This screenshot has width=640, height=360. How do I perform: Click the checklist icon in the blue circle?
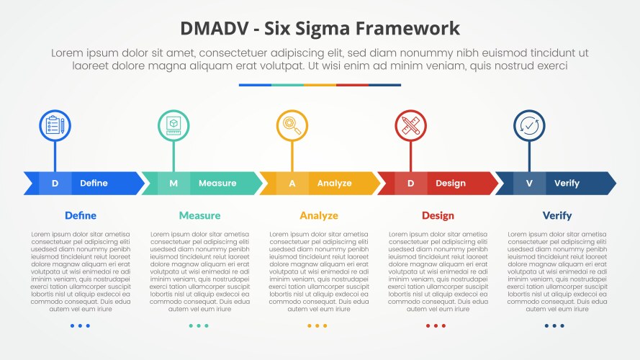pos(55,125)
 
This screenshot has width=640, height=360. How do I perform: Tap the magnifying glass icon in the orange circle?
pos(292,125)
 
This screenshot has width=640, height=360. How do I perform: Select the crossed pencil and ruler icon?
pos(410,125)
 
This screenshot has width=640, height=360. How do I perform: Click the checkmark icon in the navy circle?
pos(529,125)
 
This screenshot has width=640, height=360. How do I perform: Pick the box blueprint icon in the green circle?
pos(173,125)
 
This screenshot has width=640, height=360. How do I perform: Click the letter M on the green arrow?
pos(173,184)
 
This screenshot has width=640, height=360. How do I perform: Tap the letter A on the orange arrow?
pos(292,184)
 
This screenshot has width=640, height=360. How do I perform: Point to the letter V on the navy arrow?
pos(529,184)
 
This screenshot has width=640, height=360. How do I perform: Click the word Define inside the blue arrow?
pos(94,184)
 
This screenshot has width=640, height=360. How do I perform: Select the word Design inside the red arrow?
pos(451,184)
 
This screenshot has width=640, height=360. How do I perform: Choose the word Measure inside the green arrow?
pos(217,184)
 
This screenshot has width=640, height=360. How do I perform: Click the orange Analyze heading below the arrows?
pos(319,215)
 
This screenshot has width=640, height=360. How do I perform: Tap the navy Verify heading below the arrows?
pos(557,215)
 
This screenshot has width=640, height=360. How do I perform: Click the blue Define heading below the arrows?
pos(81,215)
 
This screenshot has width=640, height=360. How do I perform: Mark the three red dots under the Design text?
pos(436,325)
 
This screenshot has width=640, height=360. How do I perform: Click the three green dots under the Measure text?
pos(199,325)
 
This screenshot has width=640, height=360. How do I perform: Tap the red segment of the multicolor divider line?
pos(352,85)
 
